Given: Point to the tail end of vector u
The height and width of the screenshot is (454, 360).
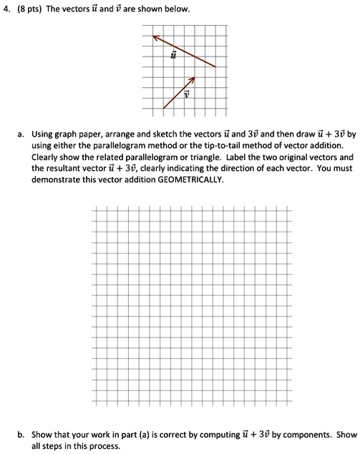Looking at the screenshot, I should (x=215, y=66).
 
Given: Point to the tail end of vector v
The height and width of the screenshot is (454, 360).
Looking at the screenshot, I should (x=164, y=109).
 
